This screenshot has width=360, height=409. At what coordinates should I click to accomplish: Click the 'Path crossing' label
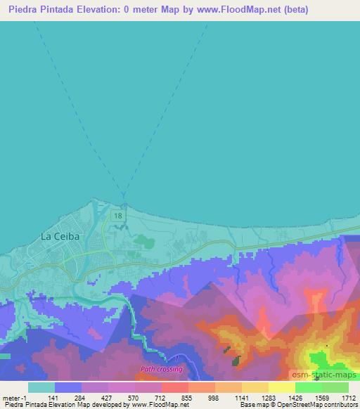click(162, 369)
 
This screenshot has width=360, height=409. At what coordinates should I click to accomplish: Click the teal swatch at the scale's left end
click(41, 387)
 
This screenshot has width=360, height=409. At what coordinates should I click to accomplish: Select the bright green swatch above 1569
click(308, 387)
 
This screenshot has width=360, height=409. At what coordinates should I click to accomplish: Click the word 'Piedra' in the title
click(25, 10)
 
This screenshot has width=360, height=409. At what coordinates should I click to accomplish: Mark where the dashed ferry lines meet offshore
click(123, 194)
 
